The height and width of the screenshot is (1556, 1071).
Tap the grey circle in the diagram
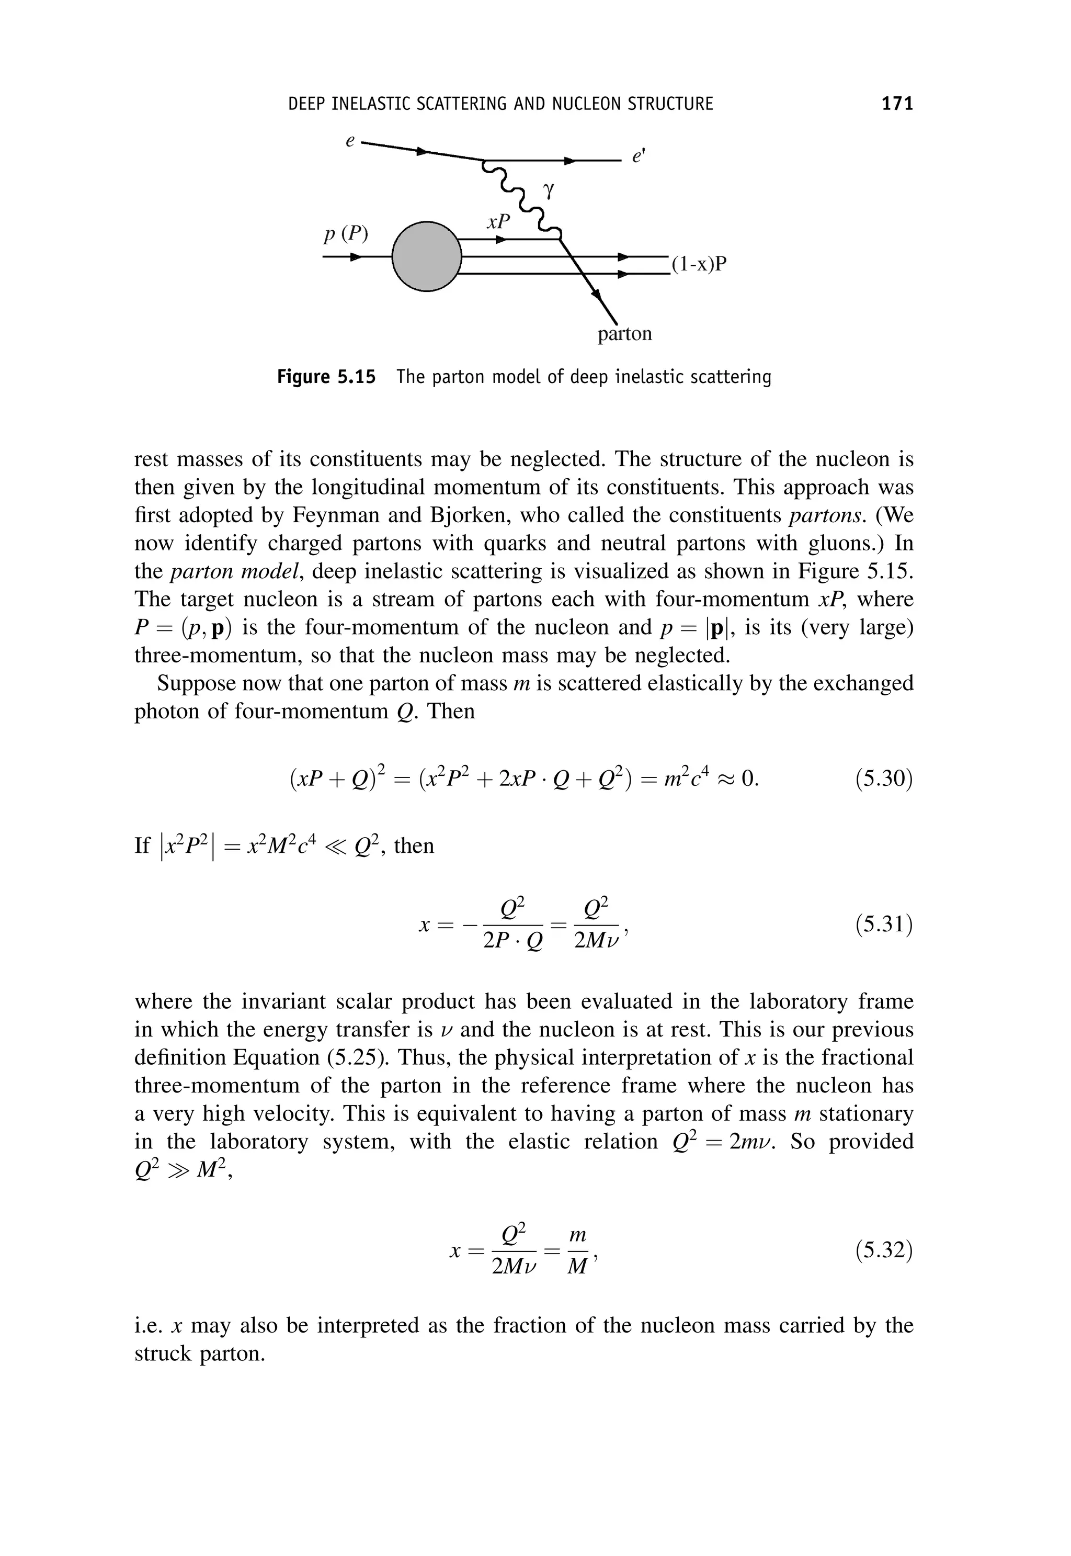(x=427, y=256)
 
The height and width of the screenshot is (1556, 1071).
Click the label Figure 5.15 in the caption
(x=326, y=377)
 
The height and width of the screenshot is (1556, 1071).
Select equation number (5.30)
(x=884, y=780)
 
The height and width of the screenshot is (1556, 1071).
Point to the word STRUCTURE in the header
(x=670, y=104)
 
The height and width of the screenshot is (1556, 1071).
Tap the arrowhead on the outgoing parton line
(x=596, y=294)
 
